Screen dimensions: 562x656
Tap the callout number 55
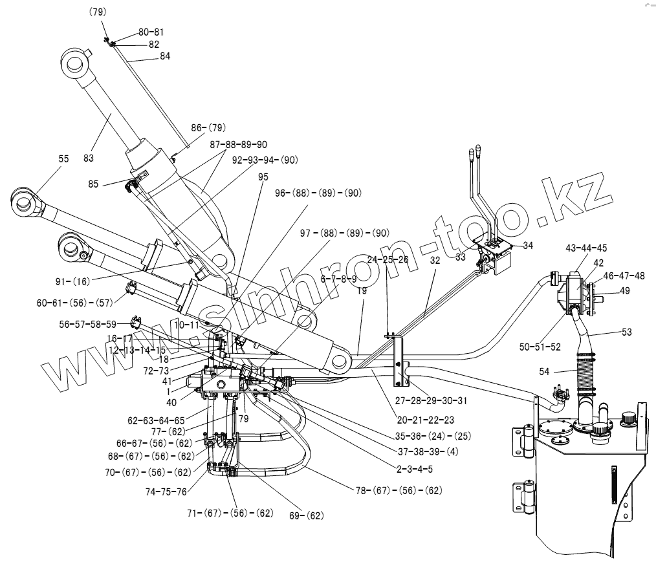[x=63, y=158]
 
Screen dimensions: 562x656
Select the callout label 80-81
[x=151, y=32]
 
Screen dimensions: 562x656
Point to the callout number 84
[x=165, y=56]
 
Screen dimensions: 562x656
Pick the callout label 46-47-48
[x=624, y=276]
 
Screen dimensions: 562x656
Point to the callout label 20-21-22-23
[x=426, y=420]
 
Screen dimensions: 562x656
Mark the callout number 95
[x=263, y=176]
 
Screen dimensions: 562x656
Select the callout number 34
[x=528, y=246]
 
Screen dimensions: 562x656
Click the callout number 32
[x=434, y=261]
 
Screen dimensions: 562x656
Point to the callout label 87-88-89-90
[x=238, y=144]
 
